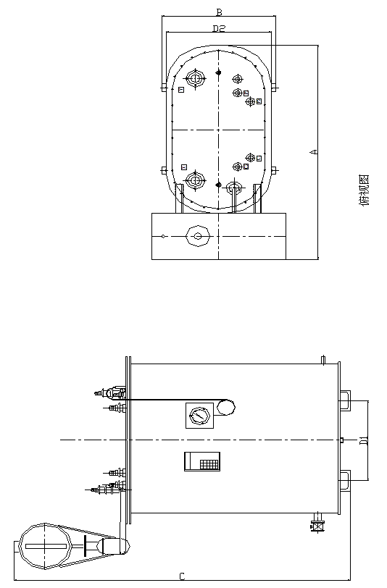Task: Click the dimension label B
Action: point(219,12)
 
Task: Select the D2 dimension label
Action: point(219,28)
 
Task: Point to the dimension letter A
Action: point(314,152)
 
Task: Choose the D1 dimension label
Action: point(364,440)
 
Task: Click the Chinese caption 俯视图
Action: point(364,190)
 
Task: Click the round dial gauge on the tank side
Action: point(199,416)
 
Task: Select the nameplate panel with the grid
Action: point(202,461)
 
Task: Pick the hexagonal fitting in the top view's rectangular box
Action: point(198,236)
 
